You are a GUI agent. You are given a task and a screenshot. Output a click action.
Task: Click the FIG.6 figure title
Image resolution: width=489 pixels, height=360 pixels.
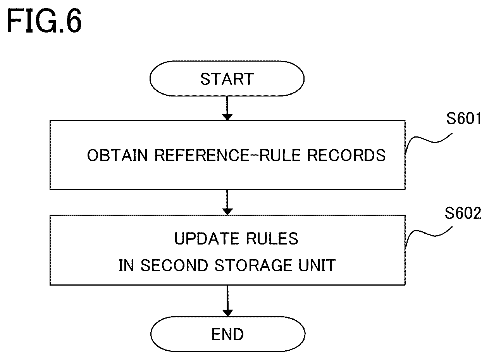[44, 21]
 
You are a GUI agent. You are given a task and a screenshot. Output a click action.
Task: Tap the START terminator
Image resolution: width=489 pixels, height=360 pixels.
[227, 79]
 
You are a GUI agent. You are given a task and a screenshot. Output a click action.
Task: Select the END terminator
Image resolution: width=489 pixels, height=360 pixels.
[228, 334]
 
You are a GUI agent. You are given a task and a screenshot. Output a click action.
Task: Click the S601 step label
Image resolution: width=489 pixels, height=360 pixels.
[464, 119]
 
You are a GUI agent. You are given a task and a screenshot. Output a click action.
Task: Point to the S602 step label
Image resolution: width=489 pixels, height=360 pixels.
[463, 213]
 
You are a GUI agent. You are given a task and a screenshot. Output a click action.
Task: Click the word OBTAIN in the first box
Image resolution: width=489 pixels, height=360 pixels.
[117, 155]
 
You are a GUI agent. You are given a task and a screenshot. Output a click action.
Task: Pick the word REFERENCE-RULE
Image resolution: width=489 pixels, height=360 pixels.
[228, 155]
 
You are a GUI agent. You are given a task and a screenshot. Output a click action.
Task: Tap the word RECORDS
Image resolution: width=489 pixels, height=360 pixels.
[346, 155]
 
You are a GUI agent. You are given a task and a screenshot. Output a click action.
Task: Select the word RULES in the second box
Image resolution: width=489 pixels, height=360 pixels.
[272, 238]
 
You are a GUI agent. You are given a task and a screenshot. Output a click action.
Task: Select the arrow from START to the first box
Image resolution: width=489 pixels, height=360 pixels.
[227, 108]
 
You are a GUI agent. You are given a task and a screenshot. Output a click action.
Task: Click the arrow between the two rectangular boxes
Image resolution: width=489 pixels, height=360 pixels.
[227, 202]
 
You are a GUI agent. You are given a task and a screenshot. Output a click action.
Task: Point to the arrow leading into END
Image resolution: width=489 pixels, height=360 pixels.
[227, 301]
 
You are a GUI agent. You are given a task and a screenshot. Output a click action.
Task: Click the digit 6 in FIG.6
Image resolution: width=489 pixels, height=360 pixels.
[73, 21]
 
